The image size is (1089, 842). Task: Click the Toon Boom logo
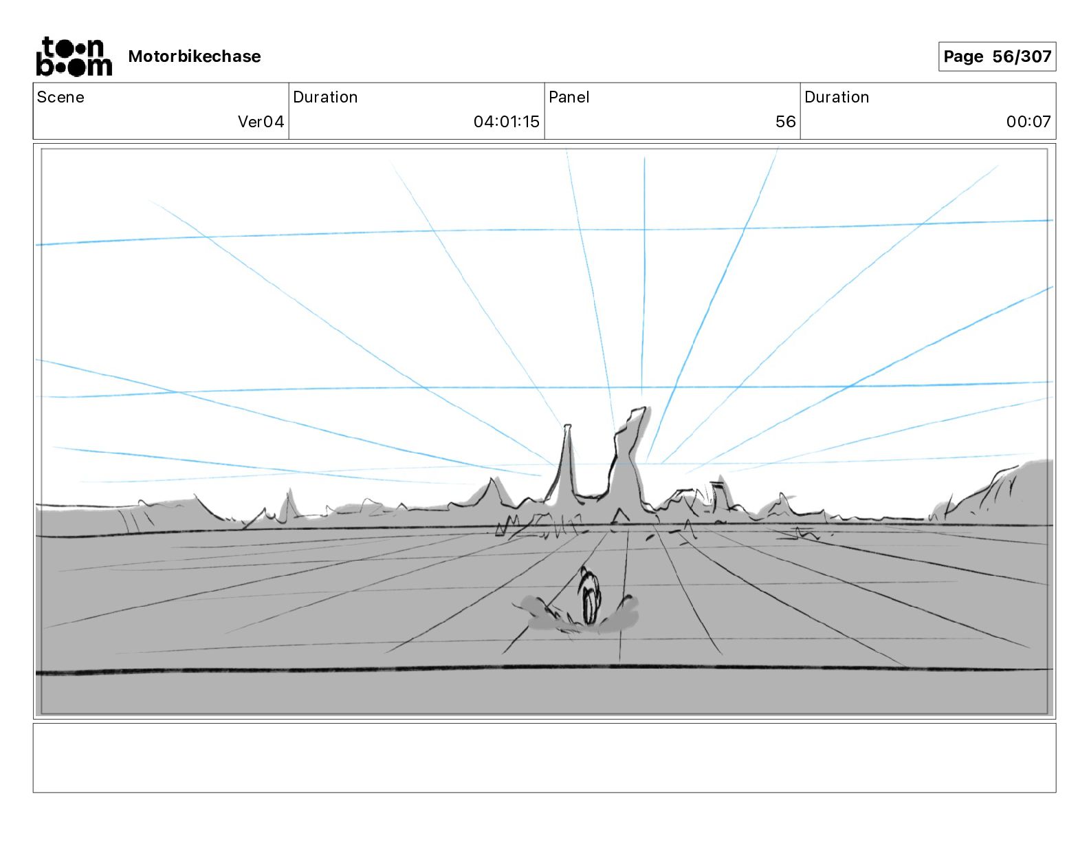(x=74, y=56)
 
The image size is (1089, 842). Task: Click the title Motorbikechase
(x=195, y=56)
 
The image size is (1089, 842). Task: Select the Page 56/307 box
(x=997, y=56)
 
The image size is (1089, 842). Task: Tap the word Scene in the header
(x=60, y=97)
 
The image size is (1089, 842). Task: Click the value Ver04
(x=261, y=122)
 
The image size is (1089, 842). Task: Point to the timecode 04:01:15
(x=506, y=122)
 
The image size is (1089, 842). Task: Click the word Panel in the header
(x=569, y=97)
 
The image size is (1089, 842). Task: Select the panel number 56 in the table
(x=785, y=122)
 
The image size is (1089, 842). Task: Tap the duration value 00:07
(x=1028, y=122)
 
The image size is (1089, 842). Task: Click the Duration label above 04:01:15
(x=325, y=97)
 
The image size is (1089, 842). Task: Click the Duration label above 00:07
(x=836, y=97)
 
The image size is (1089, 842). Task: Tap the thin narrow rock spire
(x=567, y=461)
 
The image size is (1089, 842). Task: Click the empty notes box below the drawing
(x=544, y=757)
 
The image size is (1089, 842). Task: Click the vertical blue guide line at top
(x=644, y=275)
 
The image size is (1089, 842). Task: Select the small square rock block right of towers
(x=719, y=497)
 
